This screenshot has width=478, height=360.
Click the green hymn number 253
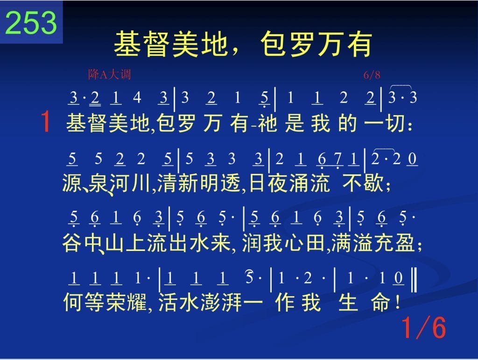click(31, 22)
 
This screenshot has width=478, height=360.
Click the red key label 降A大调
click(109, 74)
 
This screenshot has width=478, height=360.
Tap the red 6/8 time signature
click(372, 75)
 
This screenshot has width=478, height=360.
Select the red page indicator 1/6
click(424, 327)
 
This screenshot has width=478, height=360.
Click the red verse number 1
click(45, 122)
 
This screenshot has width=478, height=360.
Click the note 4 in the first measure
click(137, 97)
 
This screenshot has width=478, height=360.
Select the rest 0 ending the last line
click(399, 278)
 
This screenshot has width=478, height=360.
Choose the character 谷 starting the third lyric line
click(72, 243)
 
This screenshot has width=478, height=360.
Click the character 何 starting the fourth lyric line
click(72, 302)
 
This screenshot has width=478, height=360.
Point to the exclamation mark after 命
click(397, 302)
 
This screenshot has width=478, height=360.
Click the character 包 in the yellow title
click(273, 44)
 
